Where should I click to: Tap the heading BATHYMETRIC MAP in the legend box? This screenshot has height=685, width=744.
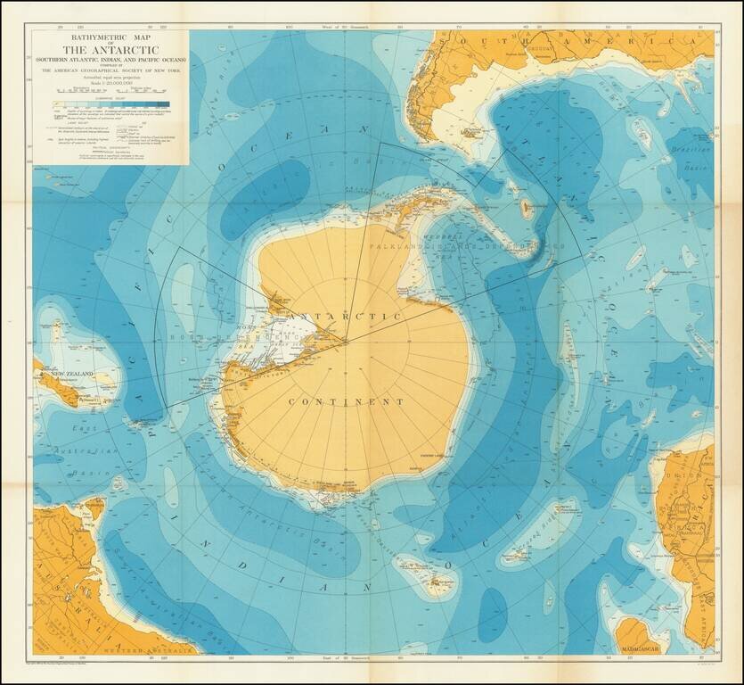111,37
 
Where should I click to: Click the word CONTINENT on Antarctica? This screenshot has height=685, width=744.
347,402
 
